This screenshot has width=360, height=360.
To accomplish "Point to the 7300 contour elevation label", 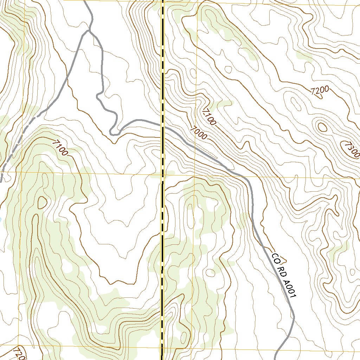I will [352, 149].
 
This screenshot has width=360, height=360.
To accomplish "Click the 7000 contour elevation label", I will [198, 133].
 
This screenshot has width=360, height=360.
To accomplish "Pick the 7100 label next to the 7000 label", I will [210, 117].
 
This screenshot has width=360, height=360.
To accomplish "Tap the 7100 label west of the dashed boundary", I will [60, 147].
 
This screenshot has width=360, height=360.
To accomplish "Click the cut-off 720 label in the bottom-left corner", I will [19, 354].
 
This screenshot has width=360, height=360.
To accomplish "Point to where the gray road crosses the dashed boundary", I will [163, 126].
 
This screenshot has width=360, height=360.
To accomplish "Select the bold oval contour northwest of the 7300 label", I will [322, 127].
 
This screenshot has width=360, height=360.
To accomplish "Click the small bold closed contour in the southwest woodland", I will [42, 202].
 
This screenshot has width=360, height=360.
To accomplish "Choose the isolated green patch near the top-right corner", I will [304, 56].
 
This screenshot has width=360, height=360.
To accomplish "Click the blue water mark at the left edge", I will [0, 219].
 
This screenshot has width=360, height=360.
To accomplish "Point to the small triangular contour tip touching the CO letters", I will [284, 261].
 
